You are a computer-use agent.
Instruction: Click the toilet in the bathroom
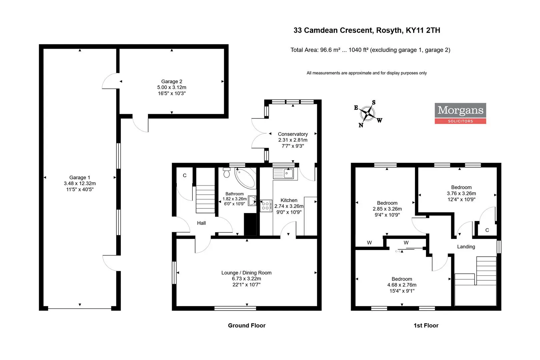(x=226, y=173)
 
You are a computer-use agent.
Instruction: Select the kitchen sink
(x=284, y=173)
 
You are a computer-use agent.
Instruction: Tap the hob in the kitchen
(x=266, y=206)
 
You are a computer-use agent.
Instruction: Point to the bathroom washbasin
(x=252, y=200)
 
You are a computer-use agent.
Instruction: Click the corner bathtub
(x=245, y=178)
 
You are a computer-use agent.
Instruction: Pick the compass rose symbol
(x=368, y=113)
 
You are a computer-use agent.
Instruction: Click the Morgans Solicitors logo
(x=460, y=113)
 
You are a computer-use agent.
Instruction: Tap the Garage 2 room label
(x=172, y=81)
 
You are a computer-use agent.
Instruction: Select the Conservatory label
(x=293, y=134)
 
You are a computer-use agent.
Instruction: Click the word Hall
(x=201, y=223)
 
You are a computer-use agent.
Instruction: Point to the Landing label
(x=466, y=247)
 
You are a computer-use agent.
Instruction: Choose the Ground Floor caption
(x=246, y=326)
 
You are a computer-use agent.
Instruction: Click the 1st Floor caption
(x=426, y=326)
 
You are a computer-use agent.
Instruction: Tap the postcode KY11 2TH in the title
(x=423, y=30)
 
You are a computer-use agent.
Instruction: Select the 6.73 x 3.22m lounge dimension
(x=246, y=279)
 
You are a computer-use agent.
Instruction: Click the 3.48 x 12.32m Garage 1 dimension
(x=80, y=183)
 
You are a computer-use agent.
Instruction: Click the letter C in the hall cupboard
(x=185, y=175)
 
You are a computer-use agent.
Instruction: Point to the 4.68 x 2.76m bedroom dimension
(x=402, y=285)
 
